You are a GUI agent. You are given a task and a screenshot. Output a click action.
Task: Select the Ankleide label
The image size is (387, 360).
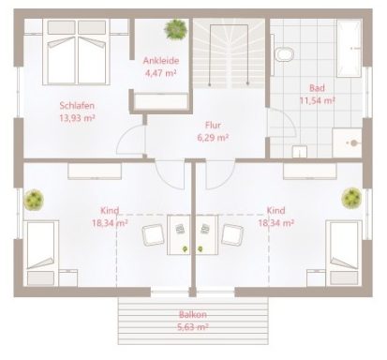(160, 62)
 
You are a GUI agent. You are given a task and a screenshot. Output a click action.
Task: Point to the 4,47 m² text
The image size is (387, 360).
(160, 74)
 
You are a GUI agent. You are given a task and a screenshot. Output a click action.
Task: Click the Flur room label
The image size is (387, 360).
(213, 124)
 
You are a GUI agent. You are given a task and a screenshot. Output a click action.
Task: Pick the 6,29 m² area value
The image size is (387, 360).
(213, 137)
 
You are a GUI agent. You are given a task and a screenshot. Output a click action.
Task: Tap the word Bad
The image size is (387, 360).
(317, 87)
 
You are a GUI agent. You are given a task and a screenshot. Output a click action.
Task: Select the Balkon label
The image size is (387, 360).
(193, 315)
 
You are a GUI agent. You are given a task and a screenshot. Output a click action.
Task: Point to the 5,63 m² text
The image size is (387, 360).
(193, 327)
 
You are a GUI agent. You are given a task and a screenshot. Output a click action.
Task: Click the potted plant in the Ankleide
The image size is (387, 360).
(174, 30)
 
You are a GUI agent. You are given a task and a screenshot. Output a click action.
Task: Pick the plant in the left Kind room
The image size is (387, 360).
(35, 199)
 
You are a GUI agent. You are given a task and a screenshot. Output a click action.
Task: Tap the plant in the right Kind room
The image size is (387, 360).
(351, 197)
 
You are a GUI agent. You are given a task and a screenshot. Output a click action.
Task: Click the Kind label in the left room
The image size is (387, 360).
(112, 211)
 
